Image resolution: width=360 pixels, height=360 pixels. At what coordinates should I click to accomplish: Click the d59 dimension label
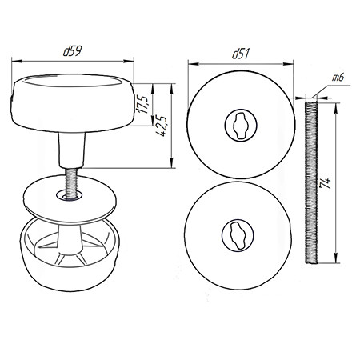tap(73, 50)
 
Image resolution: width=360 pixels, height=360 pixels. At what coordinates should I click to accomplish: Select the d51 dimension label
tap(241, 54)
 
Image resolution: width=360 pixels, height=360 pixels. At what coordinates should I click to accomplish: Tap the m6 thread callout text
tap(338, 78)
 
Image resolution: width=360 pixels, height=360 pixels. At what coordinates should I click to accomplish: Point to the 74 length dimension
tap(326, 183)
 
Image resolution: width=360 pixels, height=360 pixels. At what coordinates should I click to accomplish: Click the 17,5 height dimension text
tap(142, 104)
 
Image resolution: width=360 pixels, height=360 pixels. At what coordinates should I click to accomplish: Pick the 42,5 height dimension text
tap(162, 126)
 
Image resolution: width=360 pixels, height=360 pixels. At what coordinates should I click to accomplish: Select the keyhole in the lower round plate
tap(238, 235)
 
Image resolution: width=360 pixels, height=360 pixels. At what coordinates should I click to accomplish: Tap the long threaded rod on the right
tap(311, 182)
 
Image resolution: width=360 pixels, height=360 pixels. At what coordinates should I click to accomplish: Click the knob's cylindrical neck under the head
tap(71, 150)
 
